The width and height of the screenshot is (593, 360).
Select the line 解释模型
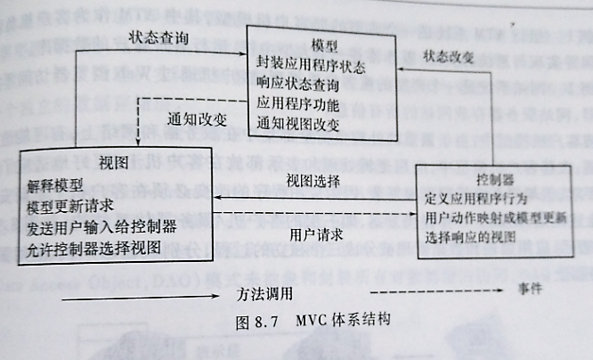pyautogui.click(x=54, y=187)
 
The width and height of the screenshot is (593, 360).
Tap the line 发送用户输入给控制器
pyautogui.click(x=100, y=226)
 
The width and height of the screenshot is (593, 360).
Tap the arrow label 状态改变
pyautogui.click(x=450, y=57)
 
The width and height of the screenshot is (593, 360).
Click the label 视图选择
pyautogui.click(x=313, y=180)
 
